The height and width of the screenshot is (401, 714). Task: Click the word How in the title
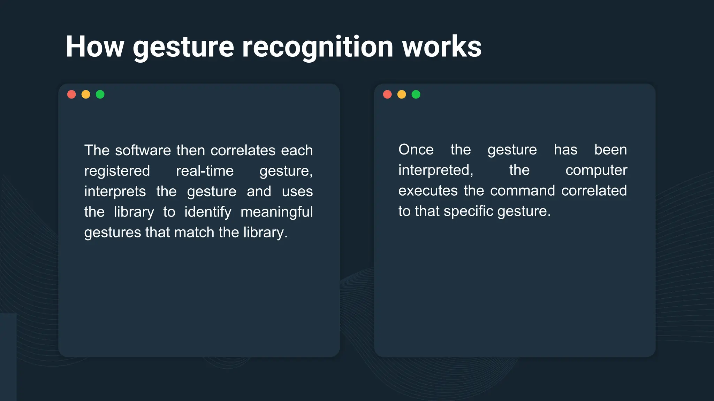pos(95,47)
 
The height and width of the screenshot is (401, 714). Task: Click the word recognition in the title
pos(318,47)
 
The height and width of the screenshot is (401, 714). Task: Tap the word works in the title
pos(442,47)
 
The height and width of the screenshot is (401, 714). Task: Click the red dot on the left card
pos(71,94)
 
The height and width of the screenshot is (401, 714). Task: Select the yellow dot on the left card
pos(86,94)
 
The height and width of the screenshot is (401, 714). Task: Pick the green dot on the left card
pos(100,94)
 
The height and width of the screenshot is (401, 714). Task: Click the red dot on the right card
pos(387,94)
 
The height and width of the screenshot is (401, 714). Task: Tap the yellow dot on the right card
pos(402,94)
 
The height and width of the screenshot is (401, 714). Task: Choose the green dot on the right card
pos(416,94)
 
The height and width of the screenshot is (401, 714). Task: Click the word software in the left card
pos(143,150)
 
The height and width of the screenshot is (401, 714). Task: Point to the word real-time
pos(205,171)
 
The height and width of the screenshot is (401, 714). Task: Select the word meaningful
pos(276,212)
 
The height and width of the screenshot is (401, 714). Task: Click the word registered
pos(117,171)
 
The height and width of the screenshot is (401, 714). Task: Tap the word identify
pos(208,212)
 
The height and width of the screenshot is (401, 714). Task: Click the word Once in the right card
pos(416,150)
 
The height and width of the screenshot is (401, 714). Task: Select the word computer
pos(596,170)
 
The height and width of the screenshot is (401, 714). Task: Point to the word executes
pos(428,191)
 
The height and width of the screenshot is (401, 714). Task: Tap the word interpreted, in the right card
pos(436,170)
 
